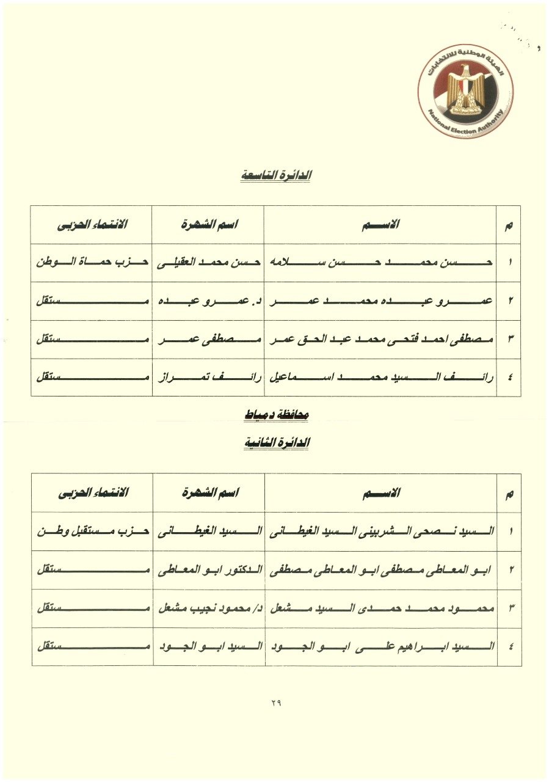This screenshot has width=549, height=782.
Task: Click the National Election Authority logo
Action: click(x=466, y=91)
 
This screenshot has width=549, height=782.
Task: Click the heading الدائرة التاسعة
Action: click(x=275, y=176)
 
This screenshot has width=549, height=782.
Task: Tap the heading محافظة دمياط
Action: click(x=275, y=415)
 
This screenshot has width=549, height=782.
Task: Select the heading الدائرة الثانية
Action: click(x=275, y=443)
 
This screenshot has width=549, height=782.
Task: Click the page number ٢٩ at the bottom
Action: click(x=275, y=703)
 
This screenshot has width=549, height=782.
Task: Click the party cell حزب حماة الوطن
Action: click(x=92, y=262)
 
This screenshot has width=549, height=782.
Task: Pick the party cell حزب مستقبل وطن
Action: click(x=92, y=531)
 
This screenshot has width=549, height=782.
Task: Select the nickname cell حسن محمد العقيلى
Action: click(x=208, y=262)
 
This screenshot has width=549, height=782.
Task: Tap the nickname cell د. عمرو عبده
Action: click(x=208, y=301)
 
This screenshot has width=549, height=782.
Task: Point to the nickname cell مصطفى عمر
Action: click(x=208, y=340)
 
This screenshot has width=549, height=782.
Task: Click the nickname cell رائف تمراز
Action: click(x=208, y=378)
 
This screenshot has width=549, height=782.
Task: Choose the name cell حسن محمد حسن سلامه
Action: click(x=380, y=262)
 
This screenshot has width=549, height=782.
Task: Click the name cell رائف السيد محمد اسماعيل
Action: click(x=380, y=378)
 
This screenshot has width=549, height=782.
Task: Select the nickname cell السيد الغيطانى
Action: click(x=208, y=531)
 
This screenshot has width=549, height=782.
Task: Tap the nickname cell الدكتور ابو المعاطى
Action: click(x=208, y=570)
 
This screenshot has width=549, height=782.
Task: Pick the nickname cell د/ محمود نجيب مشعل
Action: click(x=208, y=608)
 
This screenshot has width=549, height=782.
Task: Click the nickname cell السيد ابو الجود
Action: click(x=208, y=646)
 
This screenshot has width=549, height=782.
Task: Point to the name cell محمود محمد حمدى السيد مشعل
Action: click(x=380, y=608)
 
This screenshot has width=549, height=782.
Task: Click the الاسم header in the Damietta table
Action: click(x=380, y=493)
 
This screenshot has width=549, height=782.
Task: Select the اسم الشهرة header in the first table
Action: click(x=208, y=224)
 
